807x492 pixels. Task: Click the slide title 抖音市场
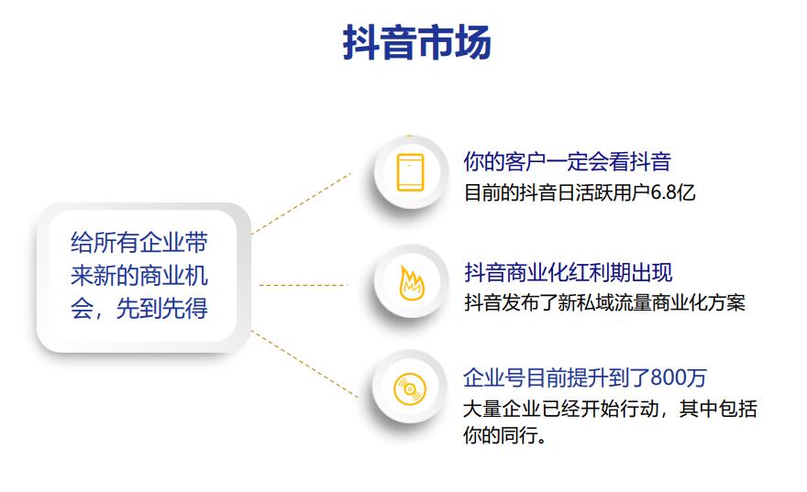(x=417, y=42)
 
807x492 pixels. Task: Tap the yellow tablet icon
(x=410, y=173)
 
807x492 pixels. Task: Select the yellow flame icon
(x=412, y=283)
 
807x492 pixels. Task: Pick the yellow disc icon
(x=410, y=388)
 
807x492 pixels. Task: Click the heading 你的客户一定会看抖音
(x=567, y=161)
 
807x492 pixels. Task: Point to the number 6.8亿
(x=673, y=192)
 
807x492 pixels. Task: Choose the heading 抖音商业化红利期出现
(x=569, y=272)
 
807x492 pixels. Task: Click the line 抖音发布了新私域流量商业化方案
(x=604, y=303)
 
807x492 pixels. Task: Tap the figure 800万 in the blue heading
(x=679, y=377)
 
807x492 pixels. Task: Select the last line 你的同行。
(x=505, y=435)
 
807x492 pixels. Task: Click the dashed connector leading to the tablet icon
(x=301, y=203)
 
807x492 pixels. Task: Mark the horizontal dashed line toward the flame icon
(x=304, y=285)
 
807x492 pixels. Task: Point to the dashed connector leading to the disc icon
(x=304, y=364)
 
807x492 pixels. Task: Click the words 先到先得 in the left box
(x=162, y=309)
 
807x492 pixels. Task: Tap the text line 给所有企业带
(x=139, y=242)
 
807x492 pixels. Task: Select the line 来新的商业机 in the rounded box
(x=139, y=276)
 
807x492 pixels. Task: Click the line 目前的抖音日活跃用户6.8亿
(x=580, y=192)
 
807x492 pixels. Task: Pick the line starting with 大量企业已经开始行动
(x=610, y=410)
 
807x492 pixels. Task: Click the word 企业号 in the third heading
(x=494, y=377)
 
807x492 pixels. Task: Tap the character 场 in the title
(x=473, y=42)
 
